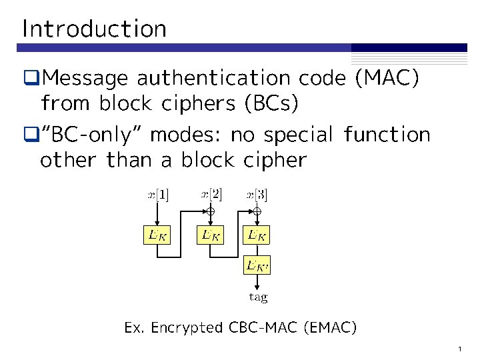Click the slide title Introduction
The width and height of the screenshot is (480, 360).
94,29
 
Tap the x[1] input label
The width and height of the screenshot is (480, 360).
158,195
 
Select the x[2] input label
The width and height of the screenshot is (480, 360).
211,195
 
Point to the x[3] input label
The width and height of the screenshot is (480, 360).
257,195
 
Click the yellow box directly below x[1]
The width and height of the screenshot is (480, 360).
157,235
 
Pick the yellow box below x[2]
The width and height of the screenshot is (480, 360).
211,235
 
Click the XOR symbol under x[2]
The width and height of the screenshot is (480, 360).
211,211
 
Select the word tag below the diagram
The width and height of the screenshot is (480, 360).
258,297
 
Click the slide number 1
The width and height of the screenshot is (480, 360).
461,349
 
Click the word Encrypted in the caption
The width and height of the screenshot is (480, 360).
187,328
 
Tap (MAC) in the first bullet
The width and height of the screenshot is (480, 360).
387,79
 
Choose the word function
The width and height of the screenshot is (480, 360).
387,135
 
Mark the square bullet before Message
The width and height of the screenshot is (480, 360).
30,79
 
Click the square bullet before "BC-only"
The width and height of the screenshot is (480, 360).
30,135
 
